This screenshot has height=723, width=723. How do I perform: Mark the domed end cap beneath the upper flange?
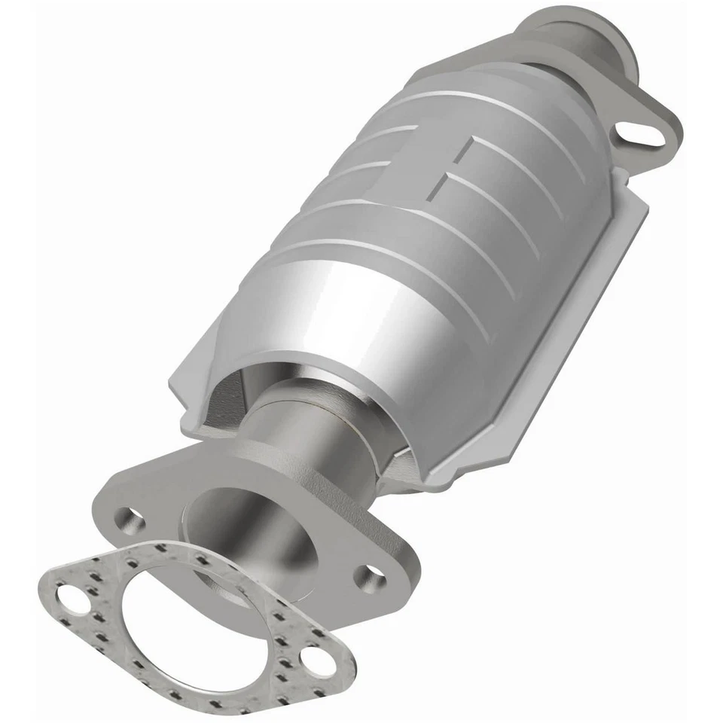(x=557, y=90)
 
